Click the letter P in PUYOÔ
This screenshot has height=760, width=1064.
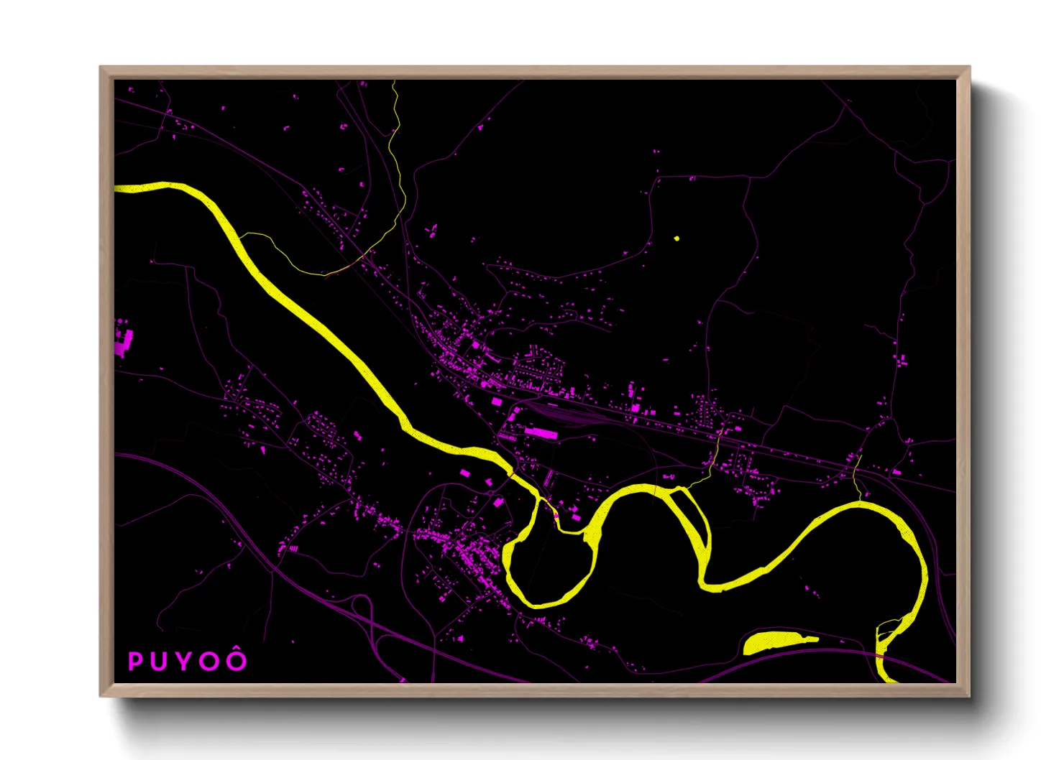click(135, 662)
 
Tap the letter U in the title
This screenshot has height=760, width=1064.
click(160, 662)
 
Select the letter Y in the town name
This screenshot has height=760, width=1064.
click(184, 662)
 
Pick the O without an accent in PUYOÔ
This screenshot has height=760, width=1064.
click(210, 662)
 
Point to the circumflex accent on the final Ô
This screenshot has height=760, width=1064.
click(237, 652)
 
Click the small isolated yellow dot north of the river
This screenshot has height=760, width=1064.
click(677, 238)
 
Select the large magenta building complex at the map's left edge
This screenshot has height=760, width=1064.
click(124, 342)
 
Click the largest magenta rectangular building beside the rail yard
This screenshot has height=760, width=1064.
click(541, 432)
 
